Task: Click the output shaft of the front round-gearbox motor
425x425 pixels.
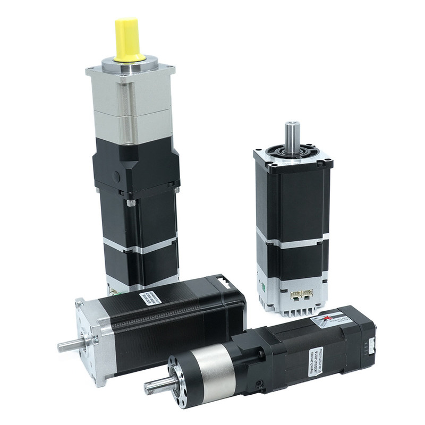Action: tap(157, 385)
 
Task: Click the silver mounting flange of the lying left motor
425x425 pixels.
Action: tap(90, 340)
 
